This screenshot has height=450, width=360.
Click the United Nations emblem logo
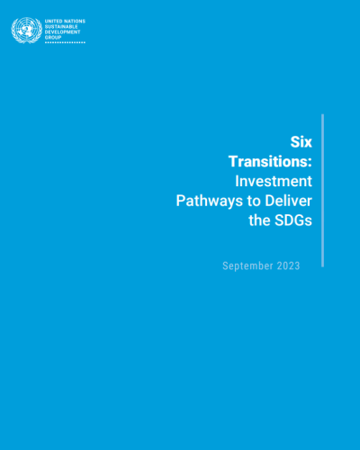coord(27,30)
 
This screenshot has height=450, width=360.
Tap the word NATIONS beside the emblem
coord(74,22)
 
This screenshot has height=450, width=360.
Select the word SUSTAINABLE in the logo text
coord(61,27)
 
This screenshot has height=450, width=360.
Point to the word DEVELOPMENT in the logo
coord(63,32)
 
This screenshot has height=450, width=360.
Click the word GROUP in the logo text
coord(53,38)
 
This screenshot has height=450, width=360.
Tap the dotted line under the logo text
coord(65,42)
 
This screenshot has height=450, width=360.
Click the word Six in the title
coord(301,142)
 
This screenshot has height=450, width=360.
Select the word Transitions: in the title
coord(270,161)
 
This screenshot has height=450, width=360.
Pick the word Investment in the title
coord(274,181)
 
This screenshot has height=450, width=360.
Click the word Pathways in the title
coord(210,201)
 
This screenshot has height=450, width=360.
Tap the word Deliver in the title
coord(289,201)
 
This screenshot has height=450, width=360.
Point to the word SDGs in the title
coord(293,220)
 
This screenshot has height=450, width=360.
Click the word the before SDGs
coord(260,220)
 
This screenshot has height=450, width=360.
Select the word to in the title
coord(254,202)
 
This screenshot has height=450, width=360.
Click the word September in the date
coord(247,266)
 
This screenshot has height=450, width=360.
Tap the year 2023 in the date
coord(289,265)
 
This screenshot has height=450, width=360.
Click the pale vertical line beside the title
coord(323,191)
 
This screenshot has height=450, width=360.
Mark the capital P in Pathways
coord(181,201)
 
